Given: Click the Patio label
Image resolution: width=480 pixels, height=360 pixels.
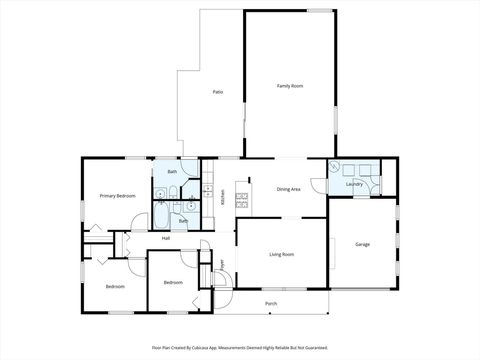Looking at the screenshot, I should tap(217, 92).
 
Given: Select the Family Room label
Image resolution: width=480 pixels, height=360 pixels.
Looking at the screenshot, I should tap(290, 86).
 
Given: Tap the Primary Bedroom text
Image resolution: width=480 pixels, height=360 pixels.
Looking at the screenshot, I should tap(117, 196).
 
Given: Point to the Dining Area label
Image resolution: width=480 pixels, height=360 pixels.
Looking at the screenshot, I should tap(289, 188).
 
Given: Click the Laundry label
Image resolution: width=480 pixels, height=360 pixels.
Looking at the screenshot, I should tap(354, 184).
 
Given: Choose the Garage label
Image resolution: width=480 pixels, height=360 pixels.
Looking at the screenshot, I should tap(363, 244).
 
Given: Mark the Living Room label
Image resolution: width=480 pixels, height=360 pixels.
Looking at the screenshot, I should tap(281, 254).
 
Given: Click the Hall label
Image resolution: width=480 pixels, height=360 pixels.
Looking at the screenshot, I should tap(165, 238).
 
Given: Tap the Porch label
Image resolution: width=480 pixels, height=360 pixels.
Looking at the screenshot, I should tap(271, 302).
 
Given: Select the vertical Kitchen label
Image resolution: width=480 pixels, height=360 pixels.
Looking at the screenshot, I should tap(223, 197).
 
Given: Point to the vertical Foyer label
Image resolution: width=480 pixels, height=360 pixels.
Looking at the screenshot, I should tap(222, 265).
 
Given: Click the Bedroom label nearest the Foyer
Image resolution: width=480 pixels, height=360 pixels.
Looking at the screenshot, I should tap(173, 282).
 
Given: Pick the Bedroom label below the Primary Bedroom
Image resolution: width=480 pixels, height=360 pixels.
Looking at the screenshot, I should tap(115, 287).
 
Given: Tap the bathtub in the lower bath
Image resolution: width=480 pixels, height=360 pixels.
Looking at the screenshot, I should tap(163, 214).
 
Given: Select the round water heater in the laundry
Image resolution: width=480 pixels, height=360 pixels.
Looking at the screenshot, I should tap(335, 169).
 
